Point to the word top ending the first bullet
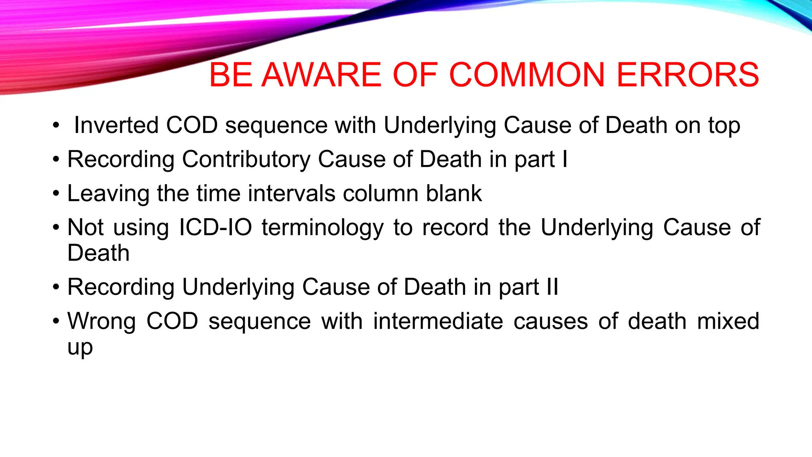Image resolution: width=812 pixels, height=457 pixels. point(724,126)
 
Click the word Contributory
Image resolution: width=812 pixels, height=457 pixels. point(246,159)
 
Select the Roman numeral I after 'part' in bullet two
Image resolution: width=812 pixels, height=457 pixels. point(565,159)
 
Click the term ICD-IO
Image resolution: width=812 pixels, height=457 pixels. point(215,228)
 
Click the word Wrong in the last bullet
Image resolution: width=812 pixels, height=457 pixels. point(101,321)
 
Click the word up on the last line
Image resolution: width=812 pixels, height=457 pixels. point(80,348)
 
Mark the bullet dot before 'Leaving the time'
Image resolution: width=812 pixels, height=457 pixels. point(56,194)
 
